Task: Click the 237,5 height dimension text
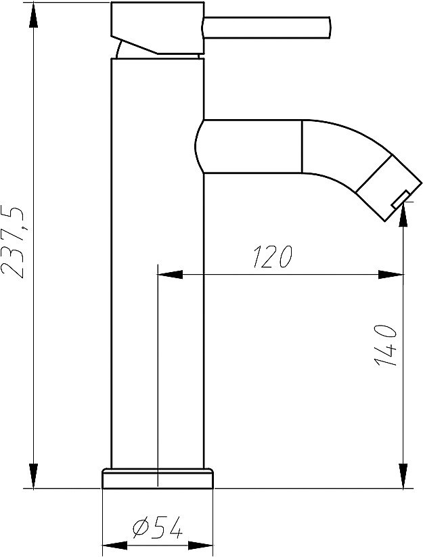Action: (x=15, y=242)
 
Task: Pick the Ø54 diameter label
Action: (x=157, y=528)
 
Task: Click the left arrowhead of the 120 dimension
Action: (x=169, y=275)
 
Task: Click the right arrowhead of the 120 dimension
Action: (x=391, y=275)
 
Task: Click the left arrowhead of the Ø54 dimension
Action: (x=114, y=544)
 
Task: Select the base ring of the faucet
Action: (x=157, y=478)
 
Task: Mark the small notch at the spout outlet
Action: (x=399, y=198)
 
